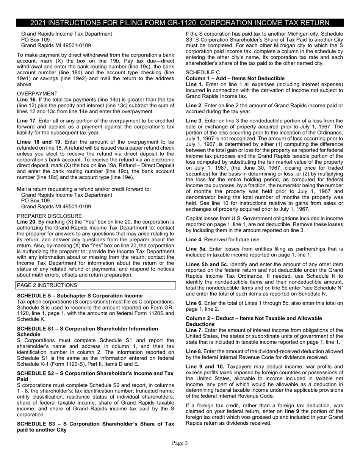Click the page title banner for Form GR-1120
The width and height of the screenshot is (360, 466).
[180, 23]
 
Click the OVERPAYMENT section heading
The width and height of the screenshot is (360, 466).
[37, 94]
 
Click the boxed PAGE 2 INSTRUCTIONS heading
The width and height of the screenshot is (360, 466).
[47, 285]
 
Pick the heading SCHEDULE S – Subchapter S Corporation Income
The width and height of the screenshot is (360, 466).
[80, 296]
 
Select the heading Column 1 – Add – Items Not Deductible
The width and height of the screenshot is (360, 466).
[235, 78]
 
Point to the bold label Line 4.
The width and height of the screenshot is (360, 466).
[194, 239]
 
